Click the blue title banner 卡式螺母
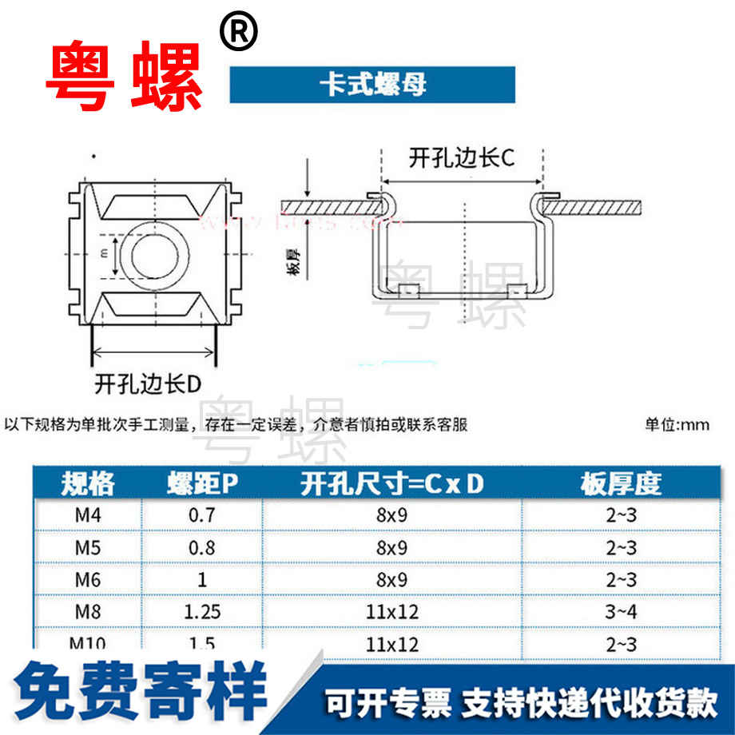pos(372,85)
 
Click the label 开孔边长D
pos(147,383)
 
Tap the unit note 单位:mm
pos(677,425)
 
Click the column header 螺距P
pos(202,483)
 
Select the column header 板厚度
pos(621,483)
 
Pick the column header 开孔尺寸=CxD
pos(391,483)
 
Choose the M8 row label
pos(87,612)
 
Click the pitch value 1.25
pos(201,612)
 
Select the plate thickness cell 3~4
pos(621,612)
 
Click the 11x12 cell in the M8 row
pos(391,612)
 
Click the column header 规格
pos(88,483)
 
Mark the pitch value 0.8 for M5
pos(201,548)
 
